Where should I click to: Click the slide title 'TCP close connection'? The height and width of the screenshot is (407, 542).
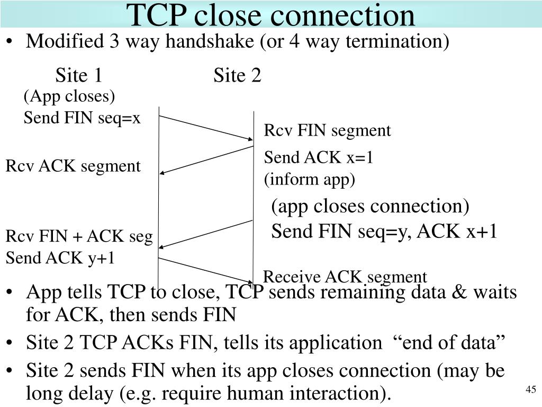click(x=270, y=15)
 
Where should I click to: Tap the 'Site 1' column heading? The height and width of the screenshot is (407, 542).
click(x=79, y=75)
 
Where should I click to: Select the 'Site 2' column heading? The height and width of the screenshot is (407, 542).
click(x=237, y=75)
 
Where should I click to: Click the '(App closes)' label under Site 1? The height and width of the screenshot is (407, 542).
click(x=69, y=96)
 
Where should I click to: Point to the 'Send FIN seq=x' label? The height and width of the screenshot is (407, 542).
click(x=82, y=118)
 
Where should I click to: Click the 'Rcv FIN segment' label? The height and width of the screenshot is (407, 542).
click(x=327, y=131)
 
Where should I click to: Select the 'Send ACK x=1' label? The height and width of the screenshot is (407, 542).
click(x=318, y=157)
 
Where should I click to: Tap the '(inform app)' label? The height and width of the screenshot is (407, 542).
click(x=309, y=179)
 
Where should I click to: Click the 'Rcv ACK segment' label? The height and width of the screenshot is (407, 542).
click(x=73, y=166)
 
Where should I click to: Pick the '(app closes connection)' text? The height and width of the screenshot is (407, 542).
click(x=370, y=206)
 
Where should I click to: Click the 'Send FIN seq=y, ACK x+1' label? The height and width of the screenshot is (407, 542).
click(x=384, y=231)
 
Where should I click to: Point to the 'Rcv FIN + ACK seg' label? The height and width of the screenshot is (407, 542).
click(x=79, y=237)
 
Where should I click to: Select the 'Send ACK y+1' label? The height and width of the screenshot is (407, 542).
click(x=60, y=258)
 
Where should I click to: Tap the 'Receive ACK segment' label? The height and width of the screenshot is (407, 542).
click(x=345, y=277)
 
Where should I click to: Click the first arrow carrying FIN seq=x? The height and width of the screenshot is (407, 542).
click(x=206, y=128)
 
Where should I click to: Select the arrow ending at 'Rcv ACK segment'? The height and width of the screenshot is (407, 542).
click(x=206, y=160)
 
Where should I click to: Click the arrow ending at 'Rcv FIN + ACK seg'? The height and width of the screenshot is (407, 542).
click(x=206, y=234)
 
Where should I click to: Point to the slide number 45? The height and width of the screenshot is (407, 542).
click(x=530, y=389)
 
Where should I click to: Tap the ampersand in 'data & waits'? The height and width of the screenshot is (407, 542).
click(x=459, y=292)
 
